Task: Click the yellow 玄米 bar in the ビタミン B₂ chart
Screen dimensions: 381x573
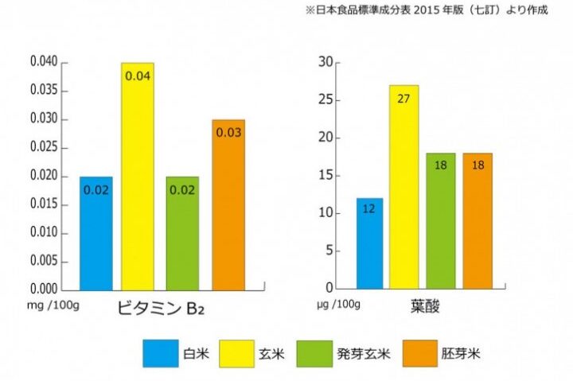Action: [x=138, y=176]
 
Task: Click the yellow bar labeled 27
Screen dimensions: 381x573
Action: [x=403, y=187]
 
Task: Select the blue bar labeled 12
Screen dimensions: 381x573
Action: [x=369, y=243]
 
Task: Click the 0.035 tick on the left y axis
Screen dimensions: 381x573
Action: [x=44, y=91]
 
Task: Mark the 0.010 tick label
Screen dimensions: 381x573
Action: [x=44, y=232]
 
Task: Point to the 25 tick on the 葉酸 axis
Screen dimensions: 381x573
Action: [x=324, y=100]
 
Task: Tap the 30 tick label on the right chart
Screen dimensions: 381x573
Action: [x=324, y=62]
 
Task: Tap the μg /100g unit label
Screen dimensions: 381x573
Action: [x=339, y=304]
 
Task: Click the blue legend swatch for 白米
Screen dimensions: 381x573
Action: [x=161, y=353]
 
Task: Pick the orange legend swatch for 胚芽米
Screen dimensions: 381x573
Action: [x=421, y=353]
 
